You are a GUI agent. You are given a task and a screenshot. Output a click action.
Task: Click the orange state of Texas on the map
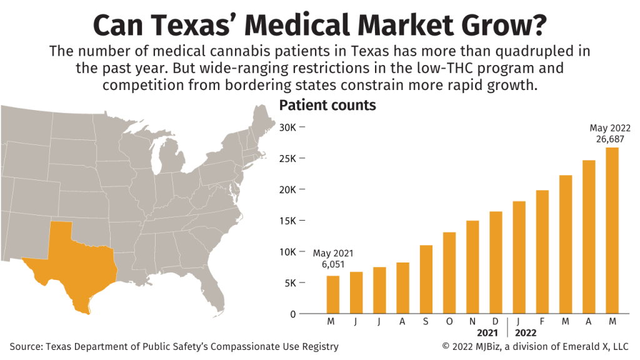(69, 269)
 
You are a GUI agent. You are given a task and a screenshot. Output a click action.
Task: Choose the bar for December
(496, 262)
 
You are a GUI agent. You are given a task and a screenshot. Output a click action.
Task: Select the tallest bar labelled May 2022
(612, 231)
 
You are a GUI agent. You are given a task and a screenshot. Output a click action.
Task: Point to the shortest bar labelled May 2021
(333, 294)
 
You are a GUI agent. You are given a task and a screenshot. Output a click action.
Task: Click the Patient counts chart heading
(327, 105)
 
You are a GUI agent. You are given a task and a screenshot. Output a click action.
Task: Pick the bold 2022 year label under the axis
(526, 332)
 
